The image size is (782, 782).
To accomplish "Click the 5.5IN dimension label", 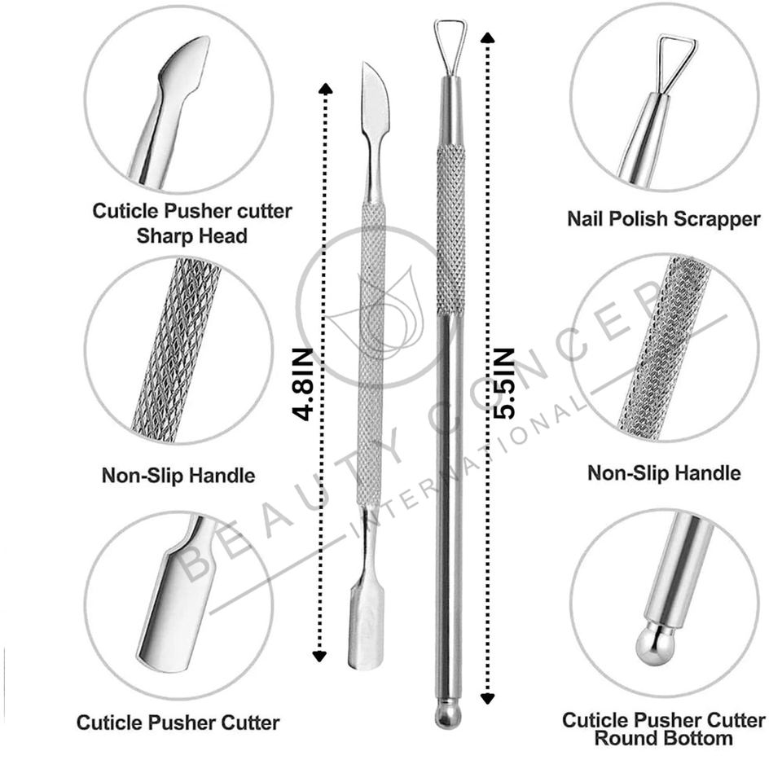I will point(504,383).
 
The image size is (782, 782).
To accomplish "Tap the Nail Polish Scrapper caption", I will point(663,218).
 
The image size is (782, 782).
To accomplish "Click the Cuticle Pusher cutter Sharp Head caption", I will point(191,223).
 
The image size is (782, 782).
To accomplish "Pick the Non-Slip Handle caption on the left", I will point(178,475).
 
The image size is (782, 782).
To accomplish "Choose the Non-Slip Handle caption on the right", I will point(664,472).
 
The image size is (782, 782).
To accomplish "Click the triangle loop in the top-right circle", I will point(676,60).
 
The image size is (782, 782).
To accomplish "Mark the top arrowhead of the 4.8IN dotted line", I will point(325,88).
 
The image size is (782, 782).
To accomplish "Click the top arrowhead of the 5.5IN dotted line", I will point(487,37).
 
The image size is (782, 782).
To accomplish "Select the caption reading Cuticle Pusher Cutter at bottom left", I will point(178,722).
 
